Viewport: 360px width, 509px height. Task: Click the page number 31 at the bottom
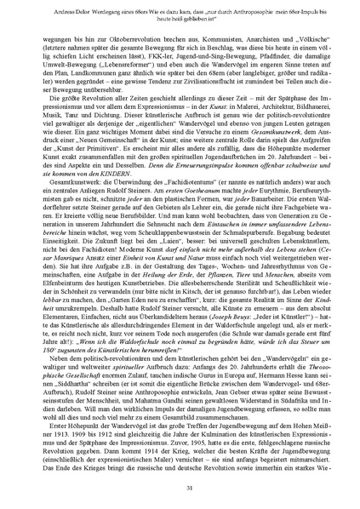coord(180,486)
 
